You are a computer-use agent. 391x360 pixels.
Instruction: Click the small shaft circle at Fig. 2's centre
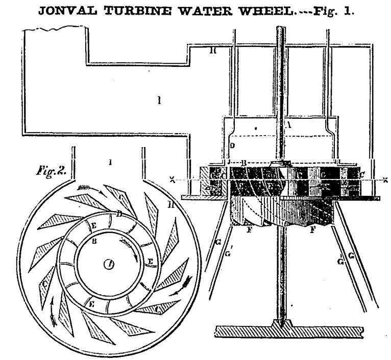[x=109, y=264]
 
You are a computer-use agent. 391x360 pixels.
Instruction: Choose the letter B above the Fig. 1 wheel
[x=245, y=164]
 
